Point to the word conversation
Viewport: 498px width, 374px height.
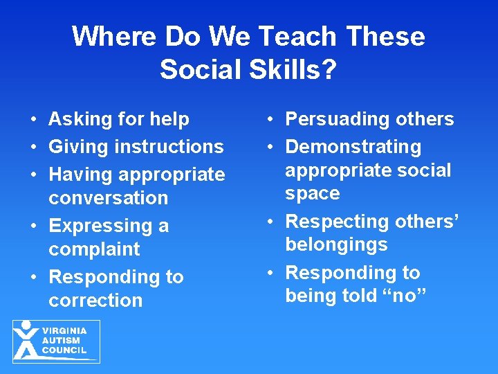click(x=109, y=198)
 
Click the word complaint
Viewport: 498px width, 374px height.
click(x=94, y=249)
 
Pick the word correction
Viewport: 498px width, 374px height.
click(x=95, y=301)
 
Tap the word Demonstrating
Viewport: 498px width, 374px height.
click(x=353, y=147)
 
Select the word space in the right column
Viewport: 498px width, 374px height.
click(x=313, y=193)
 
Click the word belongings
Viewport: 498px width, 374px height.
click(x=336, y=244)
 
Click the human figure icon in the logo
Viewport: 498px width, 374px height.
click(x=26, y=340)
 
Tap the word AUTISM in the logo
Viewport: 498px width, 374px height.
click(x=61, y=340)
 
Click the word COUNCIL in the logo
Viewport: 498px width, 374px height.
click(x=64, y=350)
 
